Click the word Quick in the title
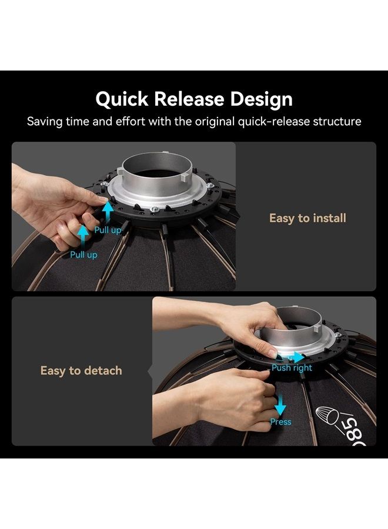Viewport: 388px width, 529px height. pos(122,99)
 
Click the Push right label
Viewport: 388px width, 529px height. pos(292,368)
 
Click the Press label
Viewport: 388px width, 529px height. pos(280,422)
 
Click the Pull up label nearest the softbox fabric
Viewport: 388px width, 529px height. pos(84,255)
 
